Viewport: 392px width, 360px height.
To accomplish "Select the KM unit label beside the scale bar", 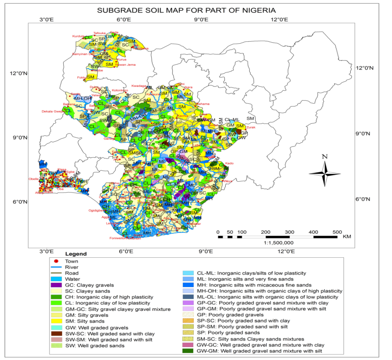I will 347,236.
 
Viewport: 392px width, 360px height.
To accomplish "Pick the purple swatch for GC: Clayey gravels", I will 57,285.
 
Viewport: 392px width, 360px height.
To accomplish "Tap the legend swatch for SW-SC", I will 57,333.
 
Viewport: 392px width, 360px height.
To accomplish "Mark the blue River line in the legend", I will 57,267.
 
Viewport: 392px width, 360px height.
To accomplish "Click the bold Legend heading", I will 76,254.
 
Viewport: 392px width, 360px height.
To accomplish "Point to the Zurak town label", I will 251,127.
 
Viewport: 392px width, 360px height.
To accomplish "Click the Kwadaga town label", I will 139,86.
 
